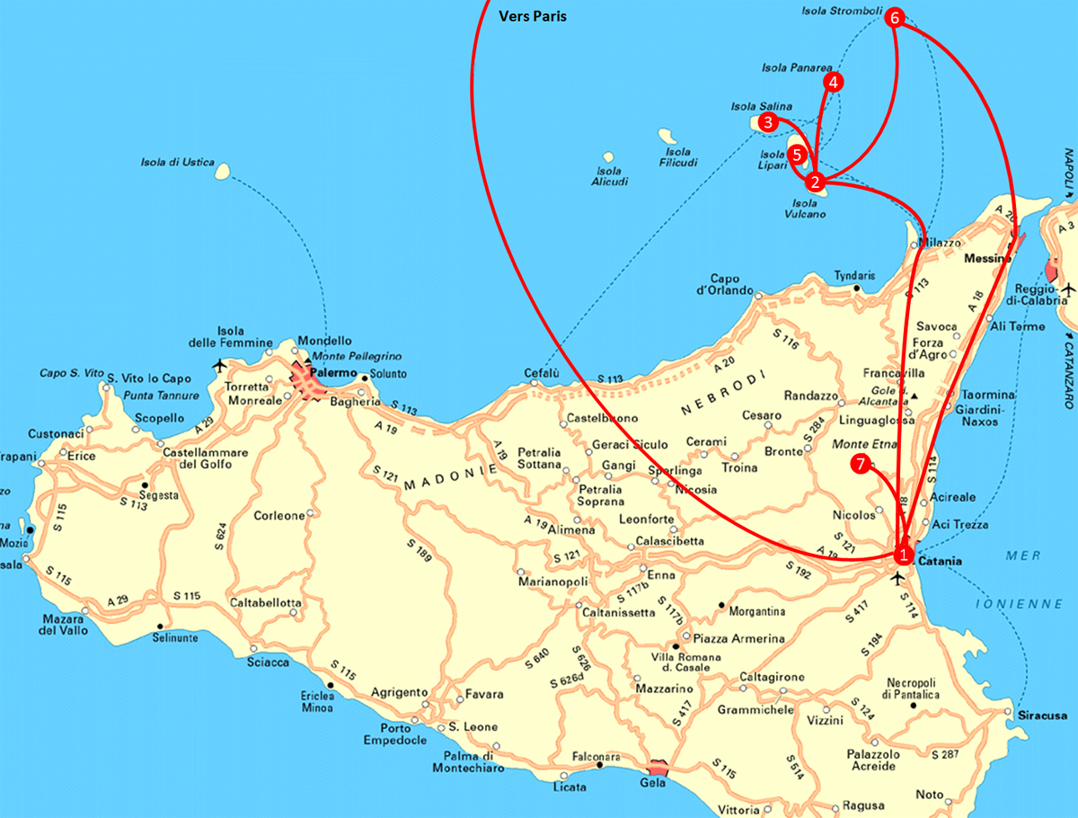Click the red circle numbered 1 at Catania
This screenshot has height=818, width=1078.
[904, 555]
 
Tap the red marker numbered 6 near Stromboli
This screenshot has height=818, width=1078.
[894, 18]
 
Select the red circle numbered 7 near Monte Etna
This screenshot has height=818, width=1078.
[860, 464]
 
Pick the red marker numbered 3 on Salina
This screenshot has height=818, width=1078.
[767, 122]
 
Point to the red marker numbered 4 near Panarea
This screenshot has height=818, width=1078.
[834, 83]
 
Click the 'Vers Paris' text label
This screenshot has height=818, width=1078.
[533, 16]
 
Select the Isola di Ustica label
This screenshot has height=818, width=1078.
[177, 163]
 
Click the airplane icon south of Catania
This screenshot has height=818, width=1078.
[896, 578]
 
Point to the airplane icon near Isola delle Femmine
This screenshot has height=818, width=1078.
[219, 365]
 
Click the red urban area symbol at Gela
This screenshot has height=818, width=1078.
[658, 766]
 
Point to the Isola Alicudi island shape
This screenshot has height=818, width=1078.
[608, 157]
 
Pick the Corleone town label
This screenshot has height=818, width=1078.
[279, 516]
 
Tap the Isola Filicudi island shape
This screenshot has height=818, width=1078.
[667, 137]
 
